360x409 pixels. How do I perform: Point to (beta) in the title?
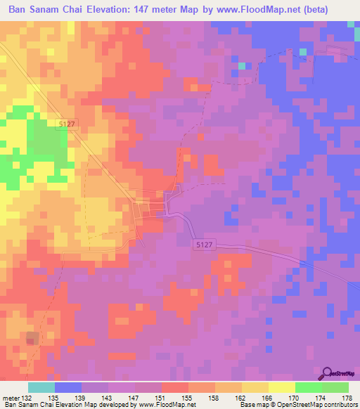point(330,10)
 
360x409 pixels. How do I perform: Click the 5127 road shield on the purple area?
point(202,242)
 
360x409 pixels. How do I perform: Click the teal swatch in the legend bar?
point(41,387)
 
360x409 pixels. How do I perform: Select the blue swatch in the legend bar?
point(68,387)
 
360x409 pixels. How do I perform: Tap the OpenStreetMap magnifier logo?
point(326,373)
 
